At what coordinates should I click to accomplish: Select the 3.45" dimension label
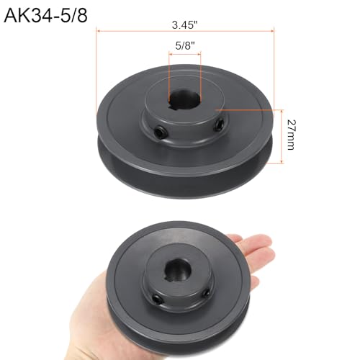(x=184, y=24)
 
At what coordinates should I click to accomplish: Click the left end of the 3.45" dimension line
(x=96, y=31)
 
